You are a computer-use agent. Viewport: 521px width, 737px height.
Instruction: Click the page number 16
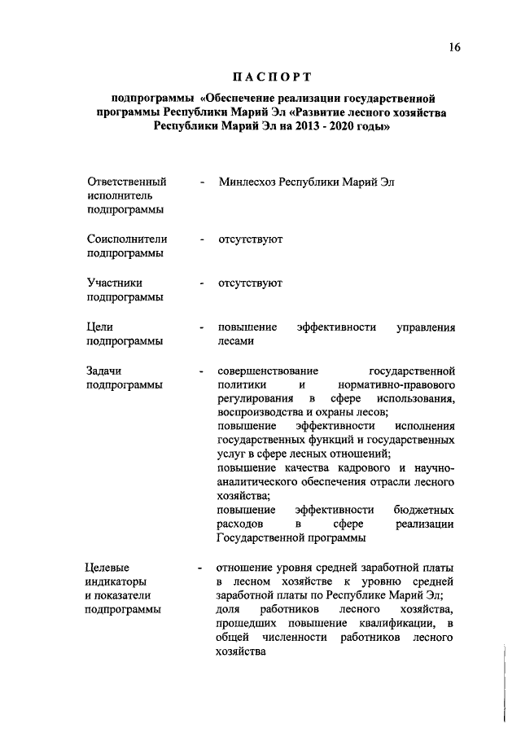454,47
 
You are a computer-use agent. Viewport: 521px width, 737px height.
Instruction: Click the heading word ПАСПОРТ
273,78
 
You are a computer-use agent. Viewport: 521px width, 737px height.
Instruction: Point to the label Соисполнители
127,239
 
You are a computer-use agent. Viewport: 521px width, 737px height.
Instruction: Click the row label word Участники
115,283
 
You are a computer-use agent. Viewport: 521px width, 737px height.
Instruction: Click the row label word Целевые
109,567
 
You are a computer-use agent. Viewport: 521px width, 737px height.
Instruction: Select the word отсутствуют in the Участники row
250,283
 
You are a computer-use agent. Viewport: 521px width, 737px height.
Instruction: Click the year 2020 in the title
335,128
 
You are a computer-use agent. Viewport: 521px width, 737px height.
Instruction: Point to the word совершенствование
268,371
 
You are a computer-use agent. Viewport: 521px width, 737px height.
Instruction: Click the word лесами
236,342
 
